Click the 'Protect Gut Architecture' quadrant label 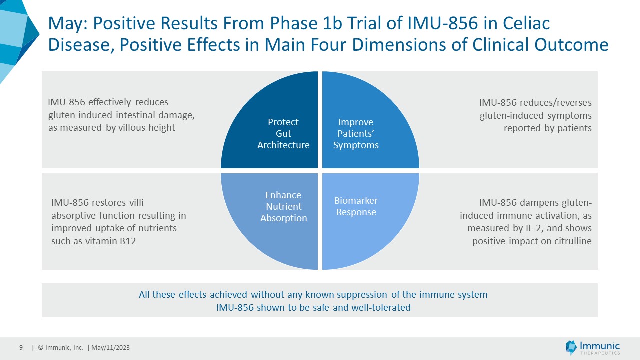283,134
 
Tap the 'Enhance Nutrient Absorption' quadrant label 283,207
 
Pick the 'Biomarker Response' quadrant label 356,206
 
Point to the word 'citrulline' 569,241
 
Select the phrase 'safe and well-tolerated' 360,307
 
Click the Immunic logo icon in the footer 571,347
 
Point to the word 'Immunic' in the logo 600,345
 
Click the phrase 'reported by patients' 547,128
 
